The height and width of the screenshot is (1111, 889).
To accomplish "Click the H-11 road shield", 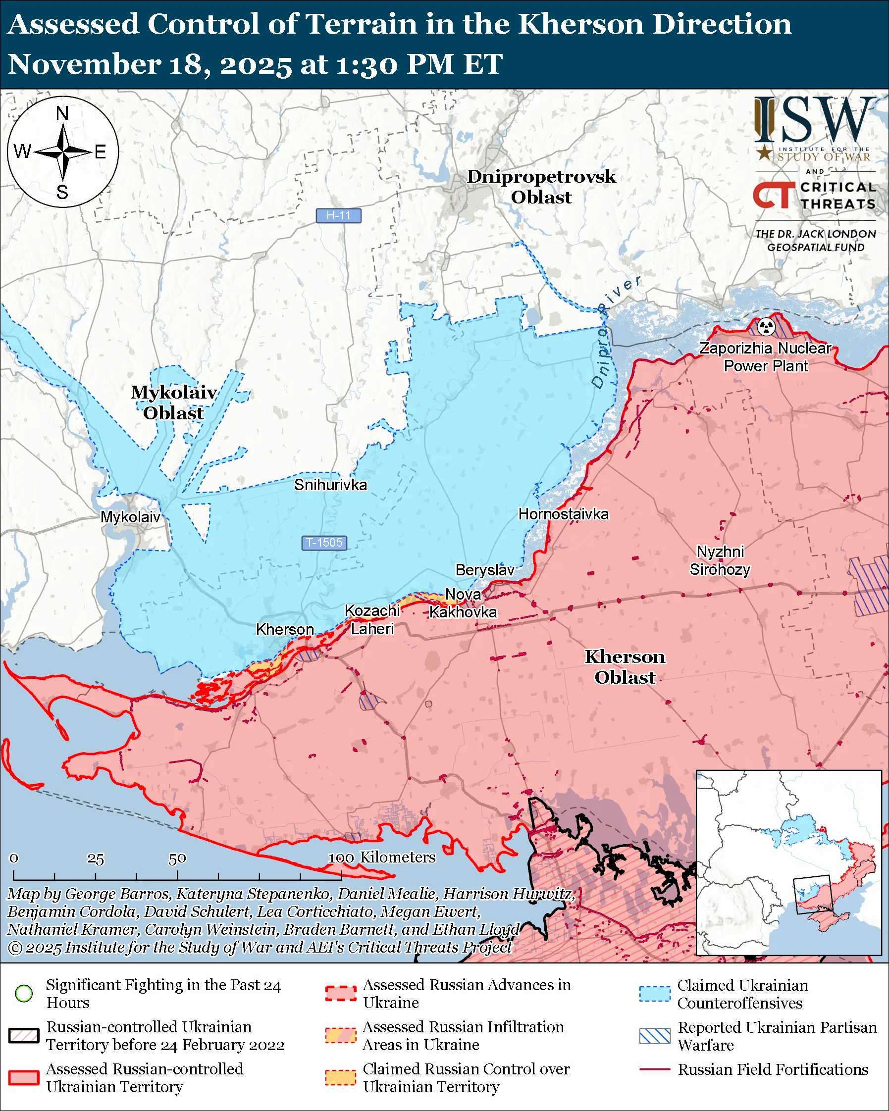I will point(338,215).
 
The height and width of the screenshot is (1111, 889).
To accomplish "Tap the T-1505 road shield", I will point(323,543).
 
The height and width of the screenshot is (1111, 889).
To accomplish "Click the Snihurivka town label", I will point(330,485).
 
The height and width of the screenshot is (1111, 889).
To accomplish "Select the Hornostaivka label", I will point(563,514).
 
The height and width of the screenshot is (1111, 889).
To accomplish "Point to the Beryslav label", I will point(485,570).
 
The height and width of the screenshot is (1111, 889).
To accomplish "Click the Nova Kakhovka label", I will point(463,604).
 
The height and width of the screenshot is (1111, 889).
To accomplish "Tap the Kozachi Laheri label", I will point(372,620).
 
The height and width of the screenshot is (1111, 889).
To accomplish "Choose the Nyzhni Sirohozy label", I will point(720,560).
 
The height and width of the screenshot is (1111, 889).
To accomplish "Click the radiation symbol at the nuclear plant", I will point(766,326).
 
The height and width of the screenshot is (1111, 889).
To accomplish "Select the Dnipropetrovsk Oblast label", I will point(541,187).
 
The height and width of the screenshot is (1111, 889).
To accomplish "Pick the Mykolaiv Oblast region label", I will point(174,403).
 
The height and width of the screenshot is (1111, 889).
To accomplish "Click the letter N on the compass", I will point(62,113).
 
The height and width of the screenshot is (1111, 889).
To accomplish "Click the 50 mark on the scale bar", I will point(177,858).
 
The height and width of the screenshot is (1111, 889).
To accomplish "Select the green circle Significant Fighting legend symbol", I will point(24,993).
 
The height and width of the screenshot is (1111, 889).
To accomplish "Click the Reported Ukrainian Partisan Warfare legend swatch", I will point(655,1036).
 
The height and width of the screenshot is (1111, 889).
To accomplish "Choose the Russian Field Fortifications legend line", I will point(655,1069).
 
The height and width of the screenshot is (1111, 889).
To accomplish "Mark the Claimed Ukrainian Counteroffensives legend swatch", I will point(655,994).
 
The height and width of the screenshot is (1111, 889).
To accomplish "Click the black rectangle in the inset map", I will point(813,895).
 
